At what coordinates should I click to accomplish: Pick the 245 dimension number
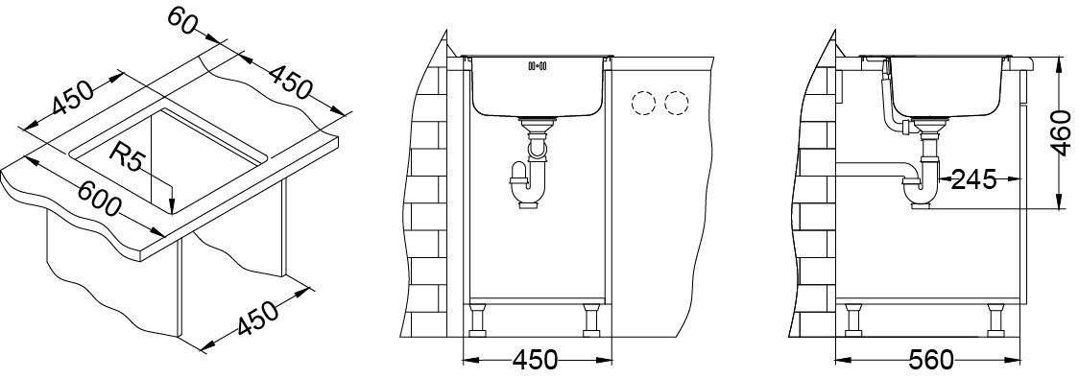coord(973,180)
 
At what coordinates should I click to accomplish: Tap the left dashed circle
coord(643,104)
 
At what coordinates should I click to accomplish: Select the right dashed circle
coord(677,104)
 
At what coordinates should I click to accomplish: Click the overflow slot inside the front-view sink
coord(537,66)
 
